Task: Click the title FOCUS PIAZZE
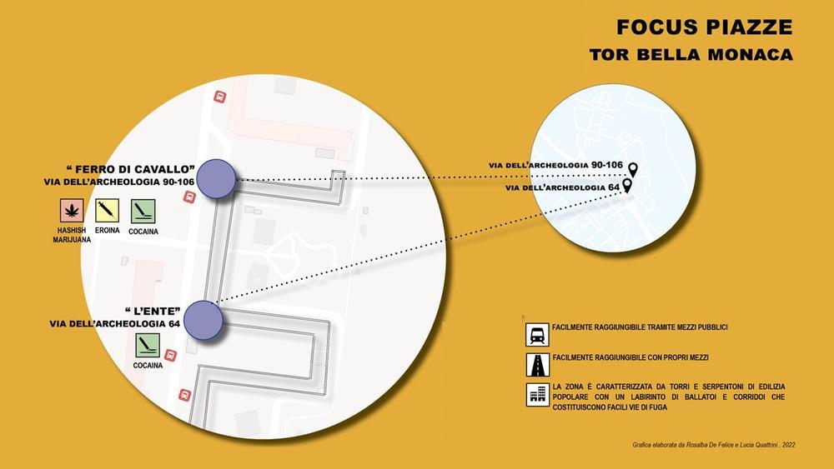tap(704, 27)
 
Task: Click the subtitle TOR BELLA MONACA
tap(691, 55)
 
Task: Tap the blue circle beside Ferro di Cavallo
tap(216, 179)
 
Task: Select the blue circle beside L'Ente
tap(203, 320)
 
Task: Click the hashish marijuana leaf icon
tap(72, 211)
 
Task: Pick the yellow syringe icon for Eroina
tap(107, 210)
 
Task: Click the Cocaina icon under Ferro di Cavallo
tap(143, 212)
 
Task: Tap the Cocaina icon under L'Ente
tap(148, 345)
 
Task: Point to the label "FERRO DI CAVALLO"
tap(131, 169)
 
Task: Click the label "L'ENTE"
tap(153, 312)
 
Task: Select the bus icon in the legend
tap(537, 335)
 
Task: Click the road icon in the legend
tap(537, 365)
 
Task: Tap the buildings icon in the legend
tap(537, 395)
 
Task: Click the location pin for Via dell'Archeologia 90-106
tap(632, 170)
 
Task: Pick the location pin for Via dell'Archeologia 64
tap(627, 186)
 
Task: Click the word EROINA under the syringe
tap(107, 231)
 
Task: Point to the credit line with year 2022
tap(714, 445)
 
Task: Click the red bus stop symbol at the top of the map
tap(219, 97)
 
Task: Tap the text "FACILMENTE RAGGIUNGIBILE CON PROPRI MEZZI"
tap(631, 358)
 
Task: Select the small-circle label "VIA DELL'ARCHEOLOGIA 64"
tap(563, 187)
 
